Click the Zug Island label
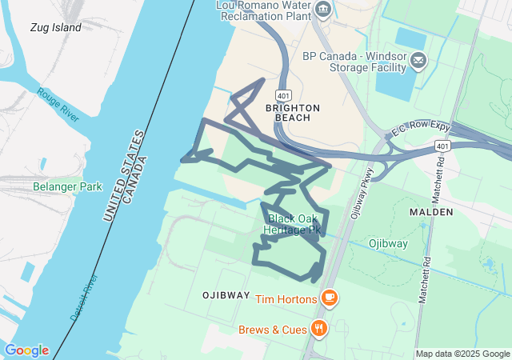click(x=56, y=27)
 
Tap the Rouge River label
click(x=58, y=104)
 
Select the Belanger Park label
click(x=68, y=186)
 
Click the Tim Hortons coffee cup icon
click(x=329, y=298)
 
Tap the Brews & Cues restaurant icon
click(x=319, y=329)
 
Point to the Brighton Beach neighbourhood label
click(x=292, y=113)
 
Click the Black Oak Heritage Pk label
click(x=294, y=224)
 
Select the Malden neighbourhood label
click(x=430, y=212)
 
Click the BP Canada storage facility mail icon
click(x=418, y=61)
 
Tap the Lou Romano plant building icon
click(x=322, y=10)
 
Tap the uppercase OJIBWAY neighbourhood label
click(x=226, y=295)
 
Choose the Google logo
click(x=26, y=350)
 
